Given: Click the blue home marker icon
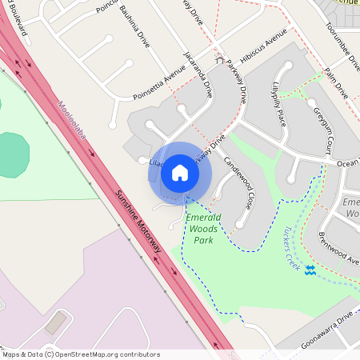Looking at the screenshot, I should point(180,173).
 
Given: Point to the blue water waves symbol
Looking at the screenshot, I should point(310,270).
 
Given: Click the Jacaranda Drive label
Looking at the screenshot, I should point(199,78).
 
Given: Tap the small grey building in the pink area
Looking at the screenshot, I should point(55,323).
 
